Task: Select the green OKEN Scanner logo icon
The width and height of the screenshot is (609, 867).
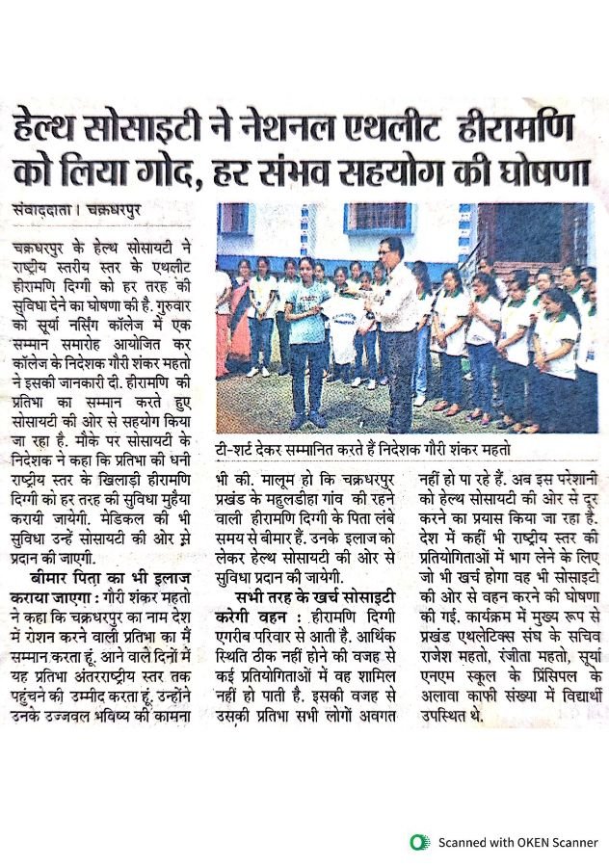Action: tap(417, 841)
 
